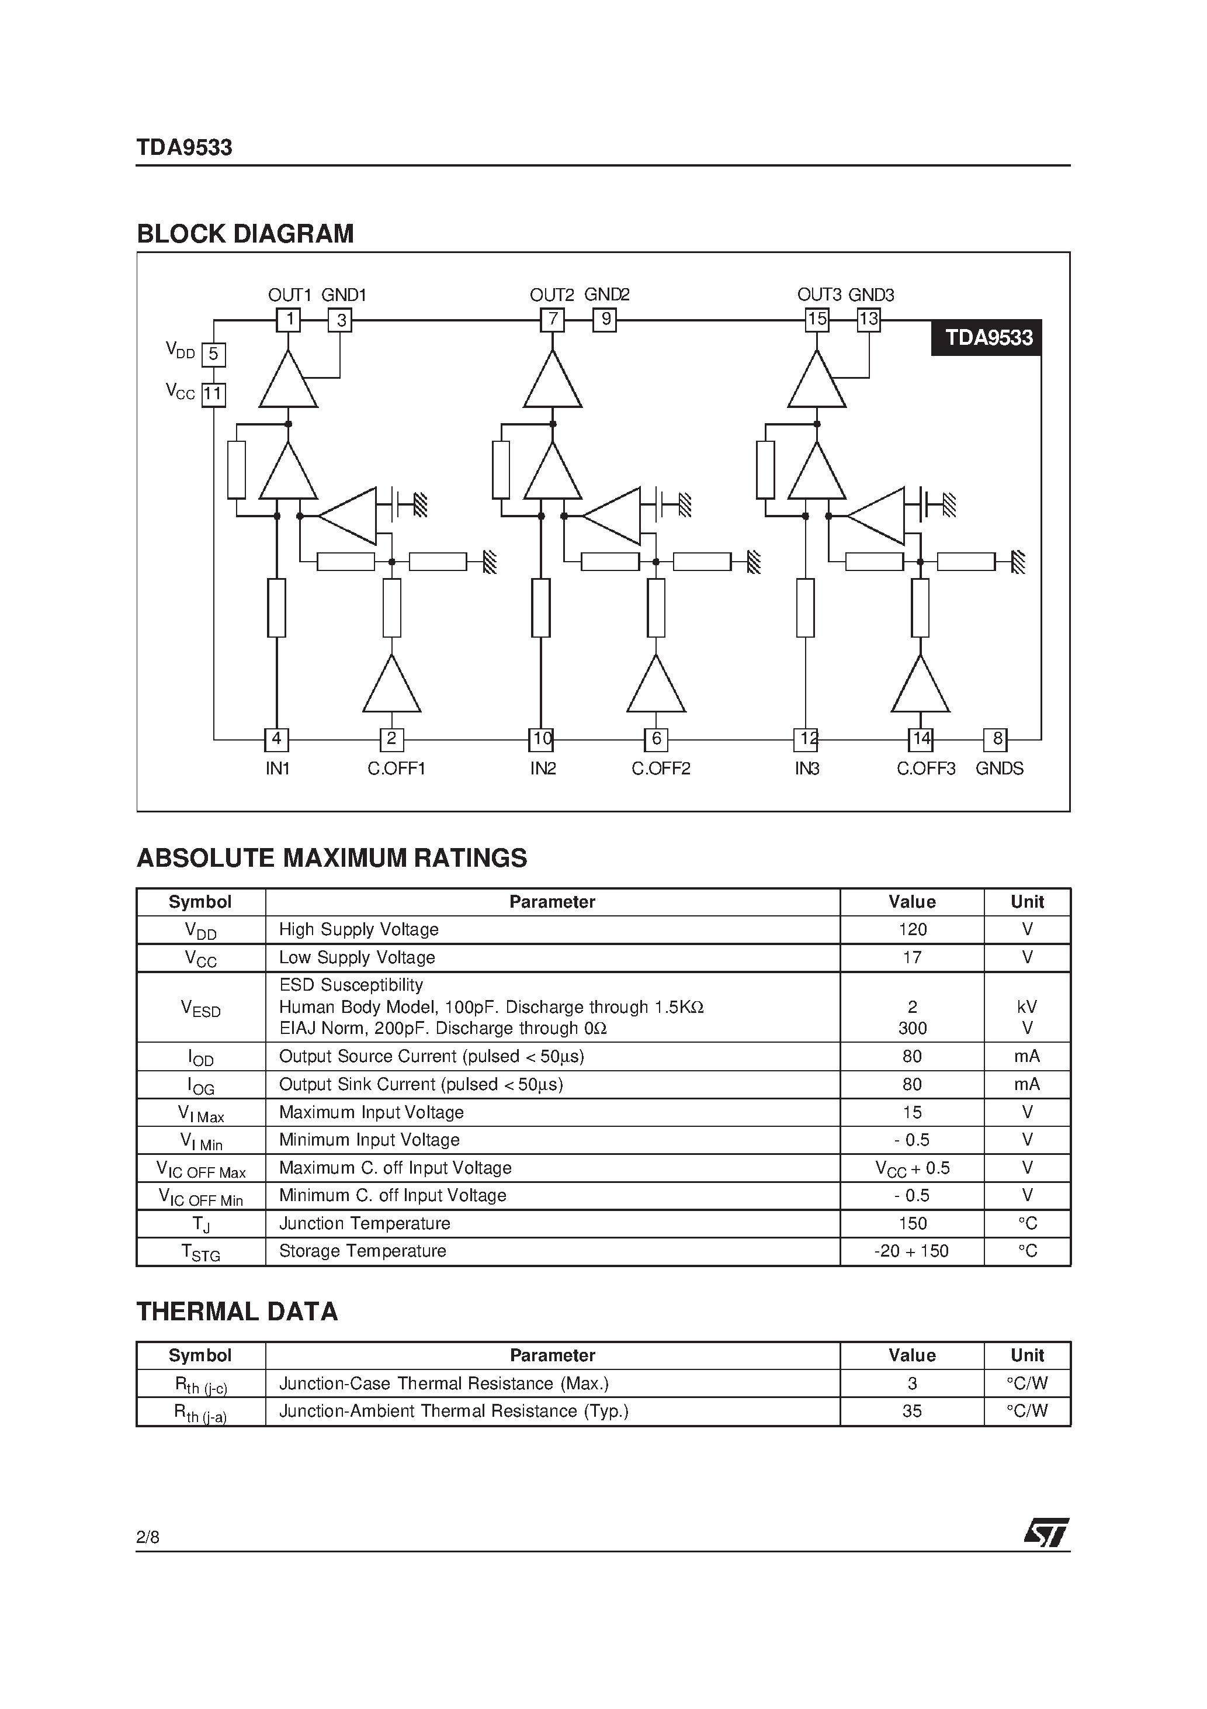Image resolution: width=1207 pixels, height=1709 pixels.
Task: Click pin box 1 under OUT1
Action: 288,320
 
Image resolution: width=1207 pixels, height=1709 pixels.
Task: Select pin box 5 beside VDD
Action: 214,354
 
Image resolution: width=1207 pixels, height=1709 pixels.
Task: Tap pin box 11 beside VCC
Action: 214,394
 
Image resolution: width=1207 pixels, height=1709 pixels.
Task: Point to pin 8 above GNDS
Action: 997,739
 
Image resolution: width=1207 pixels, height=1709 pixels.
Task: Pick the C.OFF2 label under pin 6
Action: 661,768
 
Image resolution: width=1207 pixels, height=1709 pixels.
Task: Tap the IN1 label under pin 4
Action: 277,768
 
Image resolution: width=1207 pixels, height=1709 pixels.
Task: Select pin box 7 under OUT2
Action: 552,320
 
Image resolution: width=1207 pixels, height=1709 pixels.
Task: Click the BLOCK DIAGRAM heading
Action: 245,234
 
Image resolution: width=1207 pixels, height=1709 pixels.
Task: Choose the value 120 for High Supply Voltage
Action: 913,930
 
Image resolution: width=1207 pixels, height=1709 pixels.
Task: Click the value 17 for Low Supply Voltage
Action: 913,957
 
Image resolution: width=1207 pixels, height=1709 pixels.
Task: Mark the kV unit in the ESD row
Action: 1027,1007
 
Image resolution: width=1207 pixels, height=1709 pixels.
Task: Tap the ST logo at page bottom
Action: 1046,1533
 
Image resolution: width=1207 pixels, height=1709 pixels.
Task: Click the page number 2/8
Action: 147,1537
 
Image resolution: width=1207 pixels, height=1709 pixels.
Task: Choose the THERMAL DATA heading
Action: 237,1312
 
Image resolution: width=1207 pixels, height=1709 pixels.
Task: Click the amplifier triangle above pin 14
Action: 921,685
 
